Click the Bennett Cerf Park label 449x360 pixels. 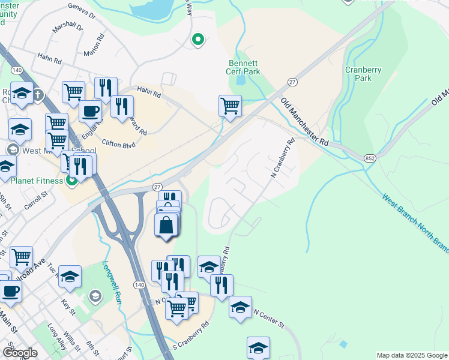pyautogui.click(x=244, y=67)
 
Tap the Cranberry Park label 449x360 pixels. pyautogui.click(x=363, y=74)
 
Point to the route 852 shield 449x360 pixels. pyautogui.click(x=370, y=157)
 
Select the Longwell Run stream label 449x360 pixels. pyautogui.click(x=112, y=281)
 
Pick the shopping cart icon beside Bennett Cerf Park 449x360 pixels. pyautogui.click(x=230, y=106)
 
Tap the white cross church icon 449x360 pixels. pyautogui.click(x=38, y=94)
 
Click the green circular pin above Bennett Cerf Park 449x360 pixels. pyautogui.click(x=197, y=40)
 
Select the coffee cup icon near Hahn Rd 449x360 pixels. pyautogui.click(x=90, y=111)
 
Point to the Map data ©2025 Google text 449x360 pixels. pyautogui.click(x=411, y=355)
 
